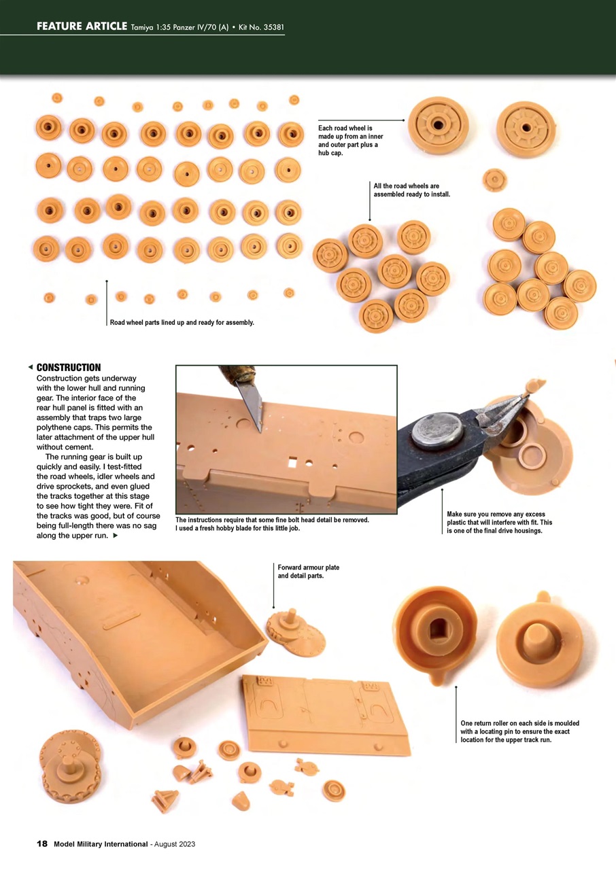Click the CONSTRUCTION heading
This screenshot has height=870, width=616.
[x=68, y=368]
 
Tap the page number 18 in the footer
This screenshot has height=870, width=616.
[x=42, y=843]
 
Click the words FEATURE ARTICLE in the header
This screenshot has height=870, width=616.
[x=82, y=27]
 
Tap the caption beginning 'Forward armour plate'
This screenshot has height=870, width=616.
[x=308, y=572]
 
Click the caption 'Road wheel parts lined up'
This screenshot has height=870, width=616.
[x=182, y=322]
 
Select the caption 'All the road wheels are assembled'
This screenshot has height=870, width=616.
[x=411, y=190]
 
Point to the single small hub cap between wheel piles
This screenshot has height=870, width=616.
[x=494, y=180]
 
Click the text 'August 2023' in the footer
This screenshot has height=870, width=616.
[x=175, y=843]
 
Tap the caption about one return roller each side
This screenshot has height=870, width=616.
[x=519, y=731]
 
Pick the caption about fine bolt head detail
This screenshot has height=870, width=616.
[x=272, y=524]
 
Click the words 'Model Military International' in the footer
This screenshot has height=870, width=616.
[x=101, y=843]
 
